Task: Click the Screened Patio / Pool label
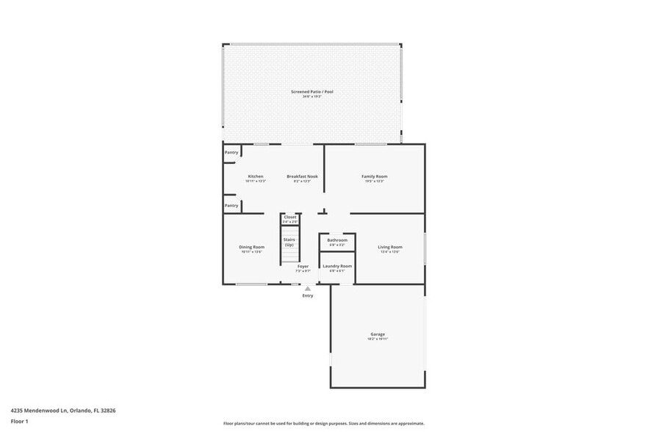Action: pyautogui.click(x=312, y=92)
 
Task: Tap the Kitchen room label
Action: pyautogui.click(x=255, y=176)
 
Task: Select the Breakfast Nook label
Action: pyautogui.click(x=302, y=176)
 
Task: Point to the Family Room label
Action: pyautogui.click(x=374, y=176)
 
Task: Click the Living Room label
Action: pyautogui.click(x=390, y=247)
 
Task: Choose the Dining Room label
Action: pyautogui.click(x=251, y=247)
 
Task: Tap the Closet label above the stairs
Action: pyautogui.click(x=290, y=217)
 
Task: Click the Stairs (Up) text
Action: pyautogui.click(x=289, y=242)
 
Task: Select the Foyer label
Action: pyautogui.click(x=303, y=266)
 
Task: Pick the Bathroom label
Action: pyautogui.click(x=337, y=240)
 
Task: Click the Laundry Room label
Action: pyautogui.click(x=337, y=266)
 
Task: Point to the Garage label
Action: pyautogui.click(x=378, y=334)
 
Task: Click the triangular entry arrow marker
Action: pyautogui.click(x=308, y=289)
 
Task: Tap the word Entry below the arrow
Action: pyautogui.click(x=308, y=295)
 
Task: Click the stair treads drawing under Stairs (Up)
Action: pyautogui.click(x=289, y=256)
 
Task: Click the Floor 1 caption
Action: pyautogui.click(x=20, y=421)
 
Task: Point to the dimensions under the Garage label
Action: pyautogui.click(x=378, y=339)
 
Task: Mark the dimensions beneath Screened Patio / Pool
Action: pyautogui.click(x=312, y=97)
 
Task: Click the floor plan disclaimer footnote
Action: pyautogui.click(x=324, y=423)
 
